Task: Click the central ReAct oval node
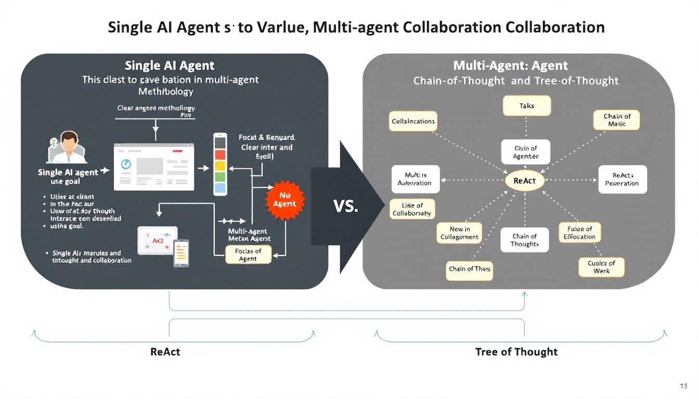524,181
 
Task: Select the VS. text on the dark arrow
345,207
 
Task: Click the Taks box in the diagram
526,106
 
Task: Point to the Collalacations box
413,122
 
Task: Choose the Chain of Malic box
616,121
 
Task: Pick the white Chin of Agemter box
525,152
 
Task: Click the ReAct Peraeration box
622,179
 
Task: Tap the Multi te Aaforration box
415,179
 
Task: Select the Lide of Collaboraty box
412,209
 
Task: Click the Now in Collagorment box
459,233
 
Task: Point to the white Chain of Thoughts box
524,240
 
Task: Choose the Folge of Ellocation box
579,233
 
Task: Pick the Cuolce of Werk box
601,267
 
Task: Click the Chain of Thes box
470,269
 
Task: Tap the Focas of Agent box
248,255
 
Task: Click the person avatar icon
67,147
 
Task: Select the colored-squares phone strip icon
220,164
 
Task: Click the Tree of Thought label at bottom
516,352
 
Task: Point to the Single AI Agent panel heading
170,66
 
